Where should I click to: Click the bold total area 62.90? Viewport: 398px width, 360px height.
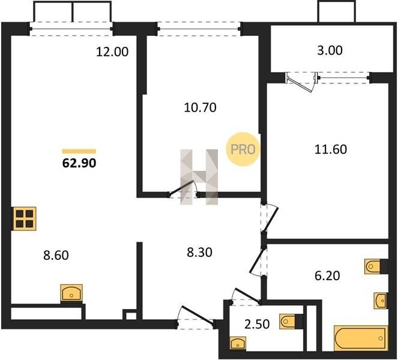click(79, 163)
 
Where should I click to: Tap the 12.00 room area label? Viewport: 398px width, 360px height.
click(112, 52)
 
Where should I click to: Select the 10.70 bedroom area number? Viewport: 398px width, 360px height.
click(200, 107)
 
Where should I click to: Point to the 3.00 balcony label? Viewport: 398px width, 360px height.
click(330, 50)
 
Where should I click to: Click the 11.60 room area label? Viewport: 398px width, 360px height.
click(331, 149)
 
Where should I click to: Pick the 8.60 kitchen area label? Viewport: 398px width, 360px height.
click(56, 255)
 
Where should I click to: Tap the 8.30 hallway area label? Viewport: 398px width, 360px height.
click(199, 253)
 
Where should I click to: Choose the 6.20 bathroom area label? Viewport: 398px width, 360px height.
click(327, 276)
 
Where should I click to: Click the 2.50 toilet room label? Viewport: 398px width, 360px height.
click(257, 325)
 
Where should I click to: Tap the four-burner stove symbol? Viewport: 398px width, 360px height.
click(25, 218)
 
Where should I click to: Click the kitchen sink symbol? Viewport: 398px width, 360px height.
click(71, 293)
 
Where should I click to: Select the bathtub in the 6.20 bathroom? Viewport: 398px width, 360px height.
click(361, 338)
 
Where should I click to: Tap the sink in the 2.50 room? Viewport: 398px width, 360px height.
click(238, 344)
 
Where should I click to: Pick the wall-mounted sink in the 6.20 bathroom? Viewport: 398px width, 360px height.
click(381, 301)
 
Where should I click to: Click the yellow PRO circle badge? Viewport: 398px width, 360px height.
click(243, 149)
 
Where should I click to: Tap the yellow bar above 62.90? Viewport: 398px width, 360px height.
click(79, 151)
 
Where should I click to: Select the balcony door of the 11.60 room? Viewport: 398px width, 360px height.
click(302, 82)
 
